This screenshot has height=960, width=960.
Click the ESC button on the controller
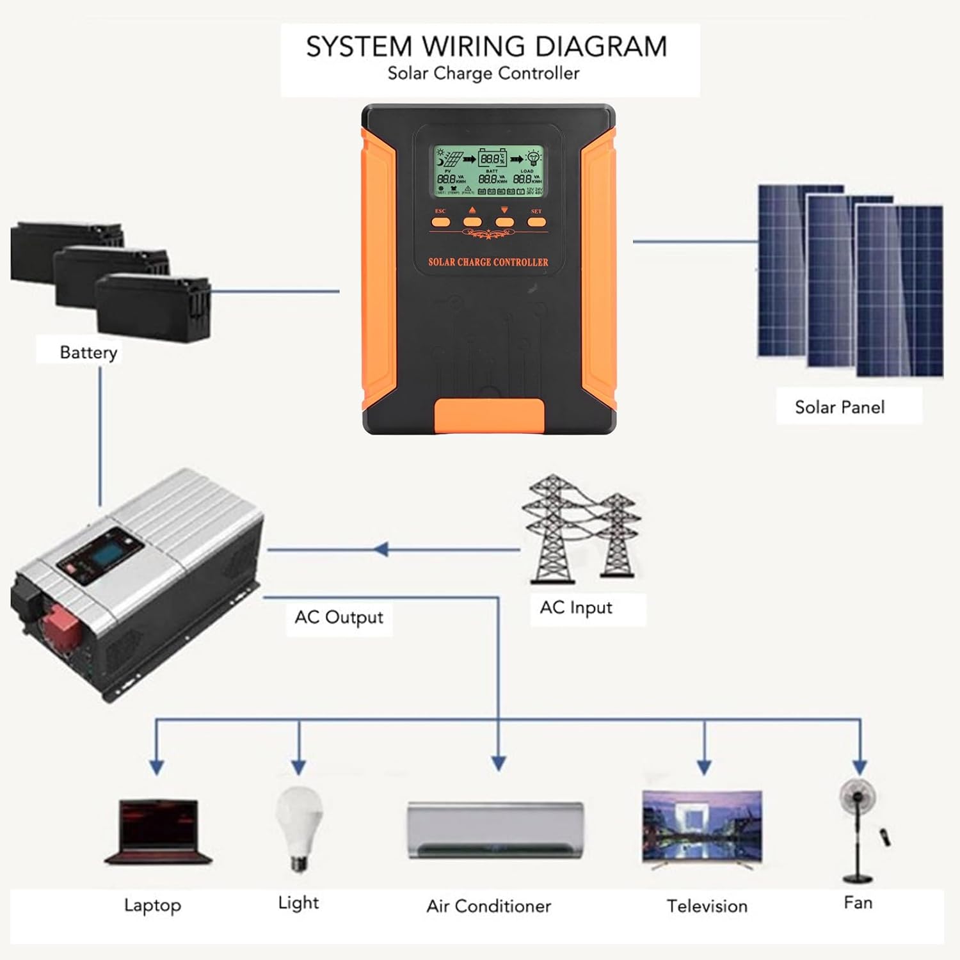point(441,222)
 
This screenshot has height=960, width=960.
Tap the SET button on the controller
point(536,222)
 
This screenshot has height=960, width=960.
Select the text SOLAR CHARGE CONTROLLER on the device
point(488,262)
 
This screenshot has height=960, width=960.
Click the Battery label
point(88,352)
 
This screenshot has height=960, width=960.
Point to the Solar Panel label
point(839,407)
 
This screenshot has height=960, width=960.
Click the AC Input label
point(576,607)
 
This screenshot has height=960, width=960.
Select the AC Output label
point(339,618)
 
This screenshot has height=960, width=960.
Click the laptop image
point(157,831)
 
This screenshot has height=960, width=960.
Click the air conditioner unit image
point(496,830)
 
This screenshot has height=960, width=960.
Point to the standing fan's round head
point(858,797)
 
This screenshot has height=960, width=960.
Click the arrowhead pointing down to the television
point(704,767)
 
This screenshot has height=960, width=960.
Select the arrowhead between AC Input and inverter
point(381,549)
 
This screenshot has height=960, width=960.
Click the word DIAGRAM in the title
point(600,47)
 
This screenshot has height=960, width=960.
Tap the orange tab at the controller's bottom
point(490,415)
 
